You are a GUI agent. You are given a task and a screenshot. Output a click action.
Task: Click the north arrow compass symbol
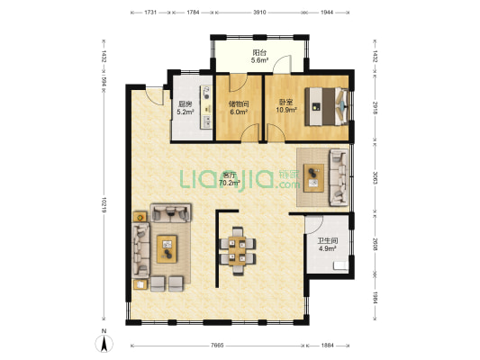coord(104,343)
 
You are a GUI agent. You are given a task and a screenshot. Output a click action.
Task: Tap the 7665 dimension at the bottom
coord(217,346)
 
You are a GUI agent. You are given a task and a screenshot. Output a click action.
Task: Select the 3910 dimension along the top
coord(259,13)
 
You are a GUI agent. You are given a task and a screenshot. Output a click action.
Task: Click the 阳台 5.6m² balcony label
coord(259,57)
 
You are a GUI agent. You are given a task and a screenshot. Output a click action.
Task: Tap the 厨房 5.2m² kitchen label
coord(186,108)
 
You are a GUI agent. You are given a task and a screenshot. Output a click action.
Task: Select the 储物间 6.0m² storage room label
coord(239,108)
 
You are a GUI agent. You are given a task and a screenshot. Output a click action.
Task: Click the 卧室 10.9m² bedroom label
coord(286,105)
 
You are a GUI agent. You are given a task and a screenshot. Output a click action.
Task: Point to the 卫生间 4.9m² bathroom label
coord(328,245)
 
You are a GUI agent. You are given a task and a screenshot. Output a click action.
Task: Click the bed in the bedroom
coord(326,106)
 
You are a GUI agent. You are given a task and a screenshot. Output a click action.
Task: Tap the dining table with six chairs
coord(238,251)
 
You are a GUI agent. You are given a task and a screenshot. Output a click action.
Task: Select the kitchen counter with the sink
coord(206,107)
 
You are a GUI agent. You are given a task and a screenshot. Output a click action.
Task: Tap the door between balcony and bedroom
coord(282,64)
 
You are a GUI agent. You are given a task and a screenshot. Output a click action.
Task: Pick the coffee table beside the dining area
coord(167,249)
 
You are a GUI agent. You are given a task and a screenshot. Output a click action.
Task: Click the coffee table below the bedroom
coord(313,177)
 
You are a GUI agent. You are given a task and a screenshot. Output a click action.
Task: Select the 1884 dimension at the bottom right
coord(327,346)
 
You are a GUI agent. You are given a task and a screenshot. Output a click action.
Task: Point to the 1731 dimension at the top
coord(150,13)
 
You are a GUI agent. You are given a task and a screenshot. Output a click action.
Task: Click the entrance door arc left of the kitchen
coord(155,96)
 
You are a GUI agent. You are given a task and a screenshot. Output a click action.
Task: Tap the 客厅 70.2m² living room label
coord(229,179)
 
